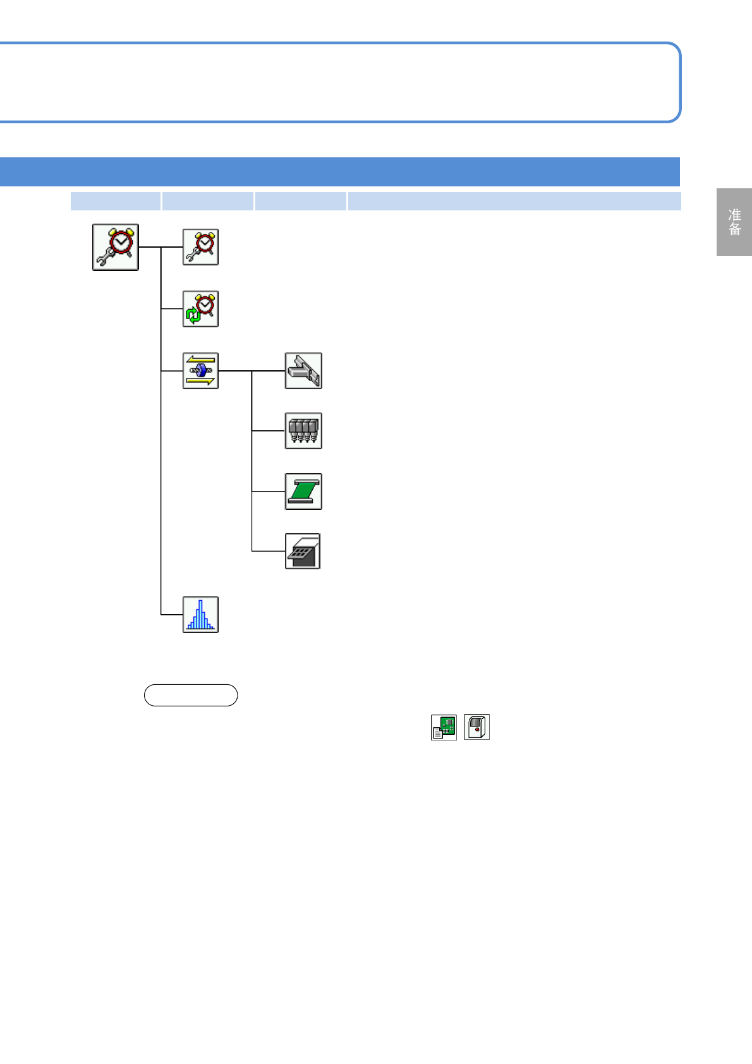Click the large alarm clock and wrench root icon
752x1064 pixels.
116,247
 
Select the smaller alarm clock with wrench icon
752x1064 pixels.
200,247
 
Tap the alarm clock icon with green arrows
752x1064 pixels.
200,309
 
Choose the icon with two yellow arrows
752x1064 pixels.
200,371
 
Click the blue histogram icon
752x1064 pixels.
200,615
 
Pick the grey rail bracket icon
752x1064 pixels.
303,371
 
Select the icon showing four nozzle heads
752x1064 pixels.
303,431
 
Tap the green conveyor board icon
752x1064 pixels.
303,492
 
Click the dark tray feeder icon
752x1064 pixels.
303,552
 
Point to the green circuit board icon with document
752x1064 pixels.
444,727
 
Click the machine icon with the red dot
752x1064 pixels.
476,727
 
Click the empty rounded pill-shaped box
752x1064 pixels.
191,695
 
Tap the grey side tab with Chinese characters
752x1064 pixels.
734,222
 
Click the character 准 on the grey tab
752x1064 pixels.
734,215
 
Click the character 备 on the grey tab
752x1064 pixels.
734,229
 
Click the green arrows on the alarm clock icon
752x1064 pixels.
193,315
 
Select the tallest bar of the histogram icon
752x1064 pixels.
200,613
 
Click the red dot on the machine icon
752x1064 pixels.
477,730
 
